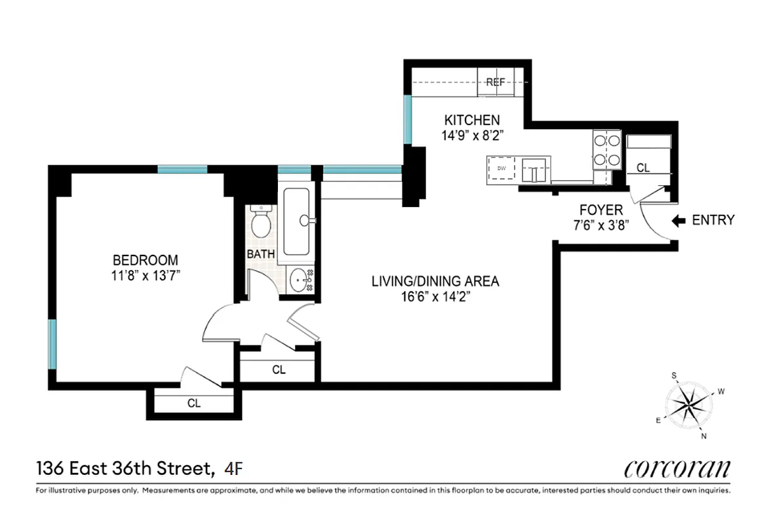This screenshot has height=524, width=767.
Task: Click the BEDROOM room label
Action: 145,260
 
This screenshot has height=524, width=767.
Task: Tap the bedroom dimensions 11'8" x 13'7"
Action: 145,274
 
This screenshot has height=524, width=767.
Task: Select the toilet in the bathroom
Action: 262,222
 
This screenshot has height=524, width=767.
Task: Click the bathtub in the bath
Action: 299,221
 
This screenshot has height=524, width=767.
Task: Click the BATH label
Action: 260,253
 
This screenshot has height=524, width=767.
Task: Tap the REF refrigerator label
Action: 496,83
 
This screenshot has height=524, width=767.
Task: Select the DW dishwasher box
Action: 502,169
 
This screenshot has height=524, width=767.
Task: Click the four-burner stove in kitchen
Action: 606,150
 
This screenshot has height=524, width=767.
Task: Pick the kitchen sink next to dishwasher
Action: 536,170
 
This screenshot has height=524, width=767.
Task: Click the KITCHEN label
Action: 472,121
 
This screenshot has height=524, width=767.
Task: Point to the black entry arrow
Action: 678,221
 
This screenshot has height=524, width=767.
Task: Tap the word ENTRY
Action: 713,221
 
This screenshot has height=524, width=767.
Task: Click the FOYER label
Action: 600,210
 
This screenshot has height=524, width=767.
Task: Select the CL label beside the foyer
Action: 643,168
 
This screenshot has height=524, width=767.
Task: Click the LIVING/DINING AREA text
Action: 435,282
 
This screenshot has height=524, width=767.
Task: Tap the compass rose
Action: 687,405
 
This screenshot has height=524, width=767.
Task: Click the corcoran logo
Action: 677,469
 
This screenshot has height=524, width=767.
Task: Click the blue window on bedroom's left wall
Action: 53,343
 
